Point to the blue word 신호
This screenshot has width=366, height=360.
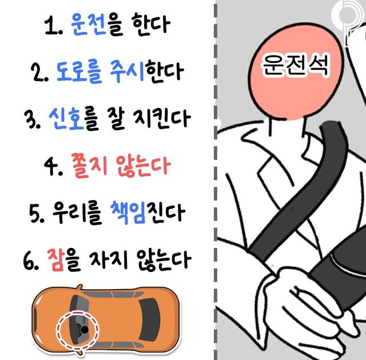[66, 118]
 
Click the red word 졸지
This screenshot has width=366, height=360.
[89, 165]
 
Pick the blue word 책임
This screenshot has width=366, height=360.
[128, 212]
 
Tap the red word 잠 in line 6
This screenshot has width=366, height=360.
[55, 260]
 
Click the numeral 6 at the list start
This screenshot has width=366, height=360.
[29, 260]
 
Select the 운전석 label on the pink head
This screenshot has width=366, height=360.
[296, 64]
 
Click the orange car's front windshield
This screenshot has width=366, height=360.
[80, 319]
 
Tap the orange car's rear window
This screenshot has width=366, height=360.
[150, 319]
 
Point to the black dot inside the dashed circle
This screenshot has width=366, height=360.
[85, 330]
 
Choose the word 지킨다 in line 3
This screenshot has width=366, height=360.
[162, 119]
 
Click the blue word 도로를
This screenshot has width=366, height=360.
[79, 72]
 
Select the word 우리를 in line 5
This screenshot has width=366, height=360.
[77, 213]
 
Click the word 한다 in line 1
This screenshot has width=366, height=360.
[151, 25]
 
